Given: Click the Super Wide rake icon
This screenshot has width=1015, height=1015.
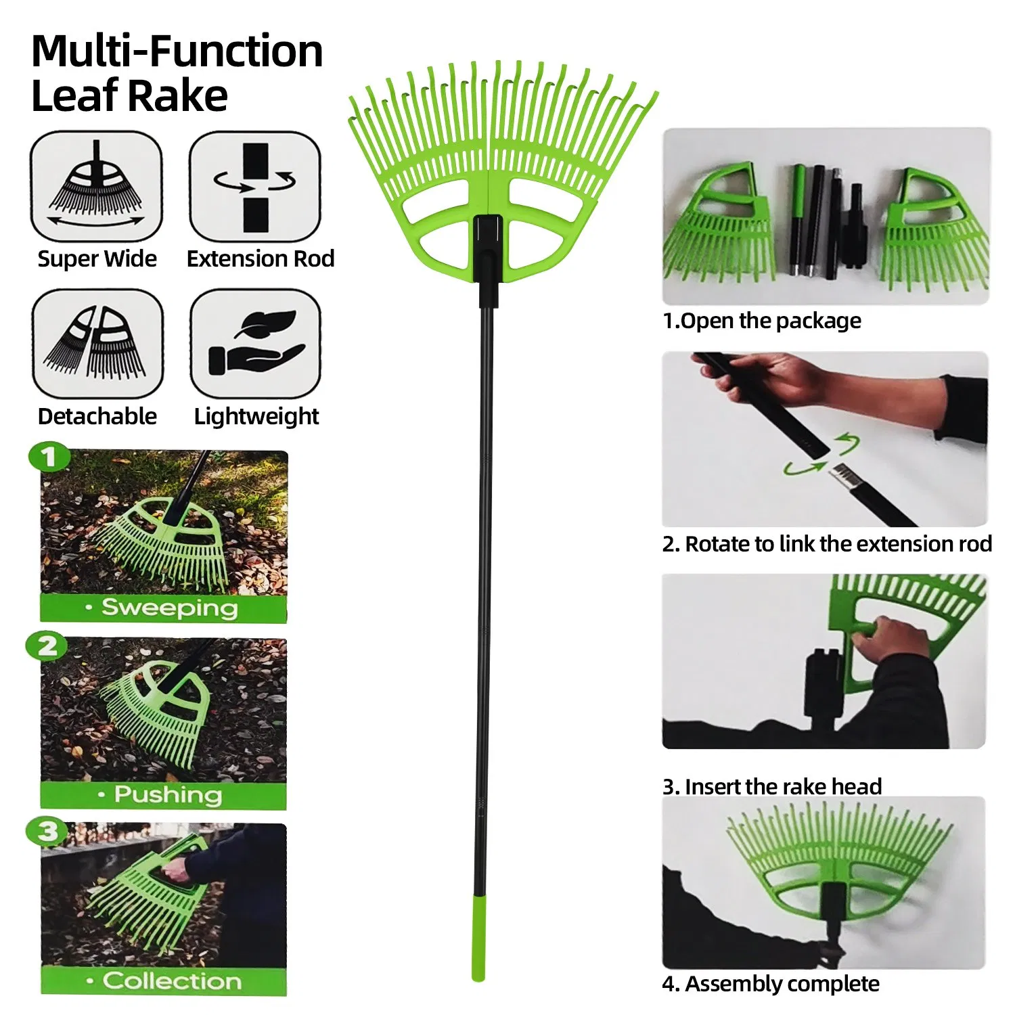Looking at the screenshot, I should click(x=96, y=186).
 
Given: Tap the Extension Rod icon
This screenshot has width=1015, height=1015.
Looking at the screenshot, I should click(x=255, y=186).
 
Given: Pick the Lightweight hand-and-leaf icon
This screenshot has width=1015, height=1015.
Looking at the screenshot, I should click(x=255, y=344).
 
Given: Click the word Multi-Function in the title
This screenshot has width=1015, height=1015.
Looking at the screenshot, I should click(x=177, y=51).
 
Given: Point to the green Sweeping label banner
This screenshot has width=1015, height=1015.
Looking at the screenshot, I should click(x=163, y=608).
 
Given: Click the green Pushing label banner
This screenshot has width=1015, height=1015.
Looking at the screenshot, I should click(x=163, y=794).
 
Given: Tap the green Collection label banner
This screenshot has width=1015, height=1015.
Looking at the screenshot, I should click(x=163, y=980).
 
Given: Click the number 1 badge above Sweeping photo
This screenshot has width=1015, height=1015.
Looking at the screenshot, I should click(x=49, y=457).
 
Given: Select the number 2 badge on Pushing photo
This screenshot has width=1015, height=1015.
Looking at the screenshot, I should click(x=47, y=646).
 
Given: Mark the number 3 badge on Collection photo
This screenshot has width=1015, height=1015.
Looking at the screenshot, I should click(x=47, y=831).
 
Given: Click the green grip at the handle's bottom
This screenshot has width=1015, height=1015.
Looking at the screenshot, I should click(x=478, y=937).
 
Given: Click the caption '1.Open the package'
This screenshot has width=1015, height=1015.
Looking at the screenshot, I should click(x=762, y=321).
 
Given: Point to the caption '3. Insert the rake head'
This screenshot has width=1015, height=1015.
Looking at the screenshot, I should click(x=772, y=786).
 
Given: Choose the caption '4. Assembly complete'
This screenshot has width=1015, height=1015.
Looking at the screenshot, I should click(x=771, y=984).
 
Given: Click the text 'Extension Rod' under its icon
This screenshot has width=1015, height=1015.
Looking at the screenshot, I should click(x=261, y=259).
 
